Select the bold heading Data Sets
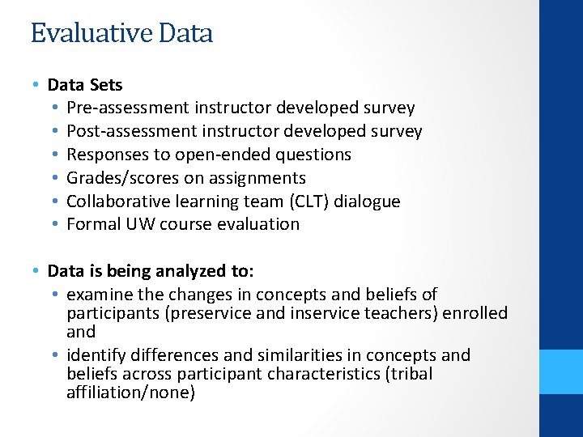(85, 84)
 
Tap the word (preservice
(207, 313)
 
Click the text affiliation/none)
(130, 393)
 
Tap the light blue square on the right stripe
(561, 371)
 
